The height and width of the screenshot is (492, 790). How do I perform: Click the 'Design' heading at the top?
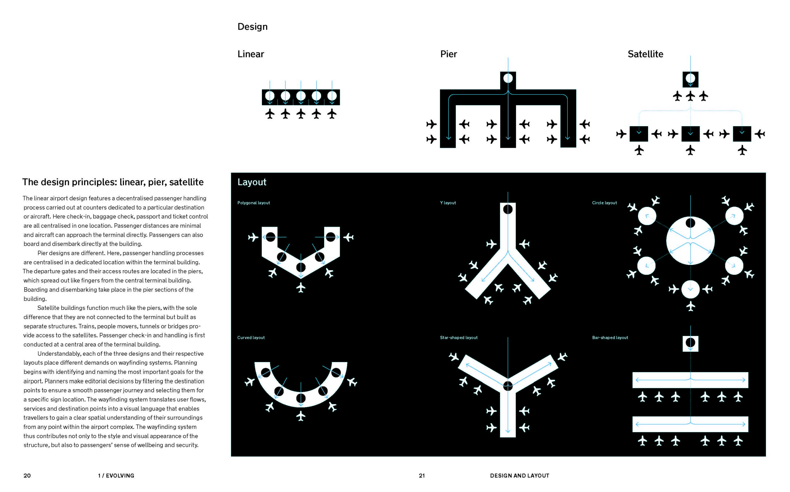[252, 27]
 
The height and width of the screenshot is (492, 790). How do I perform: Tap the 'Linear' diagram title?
[250, 54]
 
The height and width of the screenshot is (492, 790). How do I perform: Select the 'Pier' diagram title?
[448, 54]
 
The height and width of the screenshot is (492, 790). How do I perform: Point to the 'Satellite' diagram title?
[645, 54]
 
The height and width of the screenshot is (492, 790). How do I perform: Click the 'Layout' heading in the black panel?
[252, 182]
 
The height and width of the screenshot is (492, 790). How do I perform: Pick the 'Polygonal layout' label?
[253, 203]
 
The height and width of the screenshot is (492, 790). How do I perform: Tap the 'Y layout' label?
[448, 203]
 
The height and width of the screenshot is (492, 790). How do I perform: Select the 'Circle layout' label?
[604, 203]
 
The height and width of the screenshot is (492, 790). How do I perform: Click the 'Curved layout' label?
[251, 338]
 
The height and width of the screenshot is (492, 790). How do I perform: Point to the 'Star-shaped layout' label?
[458, 338]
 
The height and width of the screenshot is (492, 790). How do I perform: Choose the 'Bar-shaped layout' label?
[610, 338]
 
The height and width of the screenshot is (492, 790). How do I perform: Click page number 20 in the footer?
[27, 475]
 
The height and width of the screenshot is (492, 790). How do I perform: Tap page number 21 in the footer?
[422, 475]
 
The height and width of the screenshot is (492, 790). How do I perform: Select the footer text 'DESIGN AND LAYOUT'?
[519, 475]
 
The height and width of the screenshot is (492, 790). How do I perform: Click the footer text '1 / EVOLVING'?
[116, 475]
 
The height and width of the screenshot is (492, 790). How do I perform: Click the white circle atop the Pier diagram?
[508, 78]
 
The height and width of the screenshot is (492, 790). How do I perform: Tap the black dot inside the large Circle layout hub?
[690, 223]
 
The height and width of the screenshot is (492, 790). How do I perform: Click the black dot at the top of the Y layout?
[508, 209]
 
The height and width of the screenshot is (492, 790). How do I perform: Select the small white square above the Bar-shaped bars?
[690, 343]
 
